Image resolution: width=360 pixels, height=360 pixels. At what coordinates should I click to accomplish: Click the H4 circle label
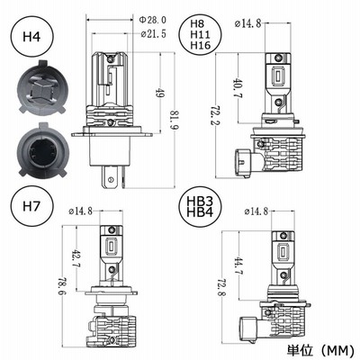31,37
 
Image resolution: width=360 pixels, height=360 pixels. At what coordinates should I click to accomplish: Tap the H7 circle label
31,206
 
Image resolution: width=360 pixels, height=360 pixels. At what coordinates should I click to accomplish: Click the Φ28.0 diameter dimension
152,20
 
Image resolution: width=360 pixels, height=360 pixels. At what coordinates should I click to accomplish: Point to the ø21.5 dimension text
153,34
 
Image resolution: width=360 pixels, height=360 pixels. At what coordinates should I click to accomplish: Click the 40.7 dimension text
238,89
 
